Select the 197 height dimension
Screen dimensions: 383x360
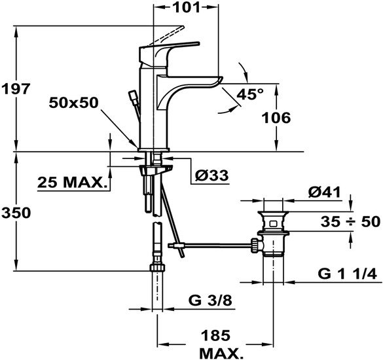pos(16,88)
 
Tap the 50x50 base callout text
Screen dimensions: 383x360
pos(73,103)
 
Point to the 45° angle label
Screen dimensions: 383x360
pos(250,94)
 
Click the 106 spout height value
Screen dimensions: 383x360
pos(276,118)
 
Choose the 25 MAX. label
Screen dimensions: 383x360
pos(73,182)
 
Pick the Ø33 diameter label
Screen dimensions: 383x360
pos(211,175)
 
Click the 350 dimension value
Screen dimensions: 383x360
pos(16,213)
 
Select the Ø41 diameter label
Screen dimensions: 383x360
pos(324,192)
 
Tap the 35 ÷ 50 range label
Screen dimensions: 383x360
pos(351,222)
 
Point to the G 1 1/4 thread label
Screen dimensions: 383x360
pos(348,274)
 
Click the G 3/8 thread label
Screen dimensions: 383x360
pos(210,300)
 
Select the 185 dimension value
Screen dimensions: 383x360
pos(215,335)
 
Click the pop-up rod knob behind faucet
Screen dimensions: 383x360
pos(134,96)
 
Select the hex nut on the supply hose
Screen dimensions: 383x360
pos(157,267)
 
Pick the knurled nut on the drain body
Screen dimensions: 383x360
pos(255,245)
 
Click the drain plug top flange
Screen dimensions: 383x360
pos(273,213)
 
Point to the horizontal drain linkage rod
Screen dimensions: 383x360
pos(217,245)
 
